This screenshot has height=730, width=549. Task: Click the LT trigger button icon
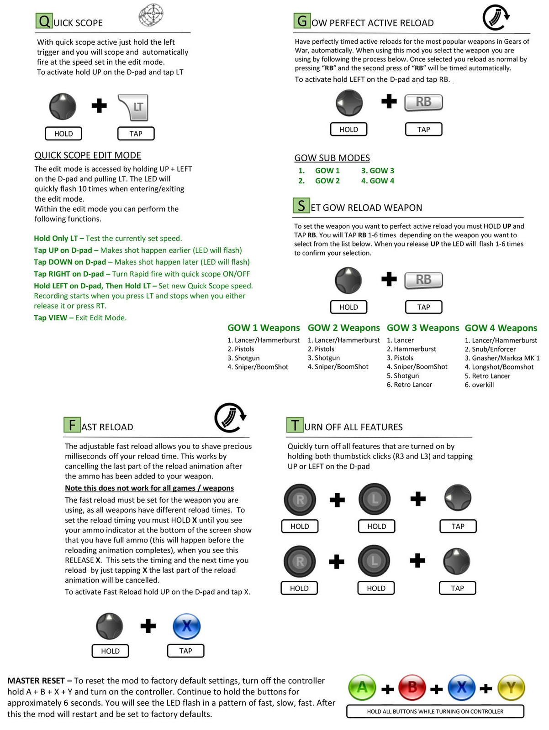click(134, 107)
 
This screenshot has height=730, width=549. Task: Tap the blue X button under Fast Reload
click(186, 626)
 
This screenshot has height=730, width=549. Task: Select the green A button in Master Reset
click(362, 688)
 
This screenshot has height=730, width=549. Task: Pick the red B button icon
click(412, 688)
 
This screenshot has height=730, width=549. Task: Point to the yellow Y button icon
click(511, 688)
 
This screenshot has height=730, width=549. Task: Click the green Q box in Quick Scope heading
click(44, 21)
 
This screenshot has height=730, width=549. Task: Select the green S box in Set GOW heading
click(301, 206)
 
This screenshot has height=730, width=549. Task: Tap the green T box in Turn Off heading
click(295, 425)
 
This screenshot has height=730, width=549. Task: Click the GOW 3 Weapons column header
click(422, 328)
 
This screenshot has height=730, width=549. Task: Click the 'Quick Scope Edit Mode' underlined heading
click(88, 155)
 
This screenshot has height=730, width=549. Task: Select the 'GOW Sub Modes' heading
click(332, 158)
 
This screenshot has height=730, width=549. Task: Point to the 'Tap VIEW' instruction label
click(51, 318)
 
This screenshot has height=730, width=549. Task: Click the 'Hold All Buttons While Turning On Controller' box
click(435, 711)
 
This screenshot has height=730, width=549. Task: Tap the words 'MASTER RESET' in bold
click(36, 681)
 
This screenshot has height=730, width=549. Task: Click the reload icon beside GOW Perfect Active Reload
click(496, 18)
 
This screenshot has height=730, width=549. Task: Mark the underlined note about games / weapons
click(149, 488)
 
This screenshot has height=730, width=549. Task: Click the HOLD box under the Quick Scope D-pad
click(63, 134)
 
